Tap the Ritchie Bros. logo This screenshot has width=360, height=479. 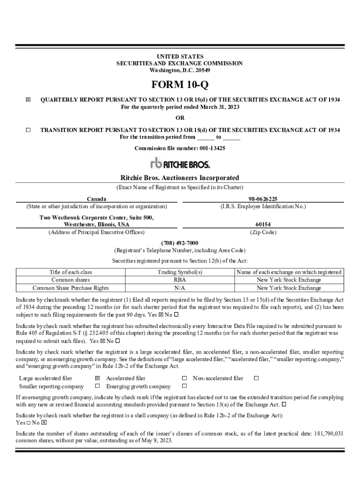pyautogui.click(x=180, y=163)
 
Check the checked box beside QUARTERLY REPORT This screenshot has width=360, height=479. pyautogui.click(x=28, y=100)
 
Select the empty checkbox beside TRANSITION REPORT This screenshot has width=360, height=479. pyautogui.click(x=28, y=130)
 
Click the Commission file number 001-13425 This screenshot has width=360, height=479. pyautogui.click(x=180, y=148)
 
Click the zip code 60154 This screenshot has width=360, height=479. pyautogui.click(x=263, y=225)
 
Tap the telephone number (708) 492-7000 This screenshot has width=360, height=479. pyautogui.click(x=180, y=243)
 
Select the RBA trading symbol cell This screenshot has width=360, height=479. pyautogui.click(x=180, y=280)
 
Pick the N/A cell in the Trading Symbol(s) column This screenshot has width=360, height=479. pyautogui.click(x=180, y=288)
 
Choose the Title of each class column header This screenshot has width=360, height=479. pyautogui.click(x=71, y=272)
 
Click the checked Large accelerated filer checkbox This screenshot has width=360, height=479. pyautogui.click(x=97, y=378)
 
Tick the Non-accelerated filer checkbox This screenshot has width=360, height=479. pyautogui.click(x=256, y=378)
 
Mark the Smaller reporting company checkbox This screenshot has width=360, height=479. pyautogui.click(x=97, y=386)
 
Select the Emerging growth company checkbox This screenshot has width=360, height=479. pyautogui.click(x=184, y=386)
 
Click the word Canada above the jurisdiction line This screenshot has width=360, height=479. pyautogui.click(x=96, y=199)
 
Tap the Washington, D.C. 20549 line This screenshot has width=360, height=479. pyautogui.click(x=180, y=70)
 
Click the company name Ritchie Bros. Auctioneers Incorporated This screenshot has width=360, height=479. pyautogui.click(x=180, y=178)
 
